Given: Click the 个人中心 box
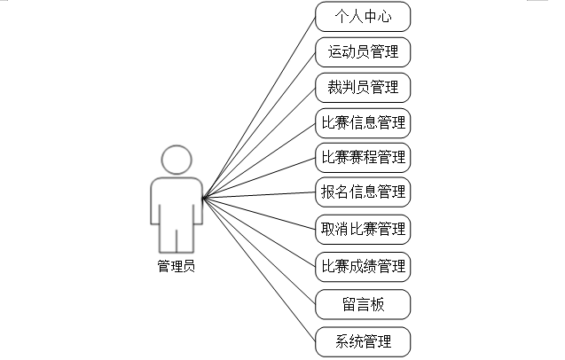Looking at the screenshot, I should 363,16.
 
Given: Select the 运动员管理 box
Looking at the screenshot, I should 363,51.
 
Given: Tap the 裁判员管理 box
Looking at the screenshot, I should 363,87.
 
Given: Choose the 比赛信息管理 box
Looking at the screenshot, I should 363,121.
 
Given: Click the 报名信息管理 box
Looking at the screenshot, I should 363,191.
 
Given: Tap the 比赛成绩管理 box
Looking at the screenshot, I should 363,265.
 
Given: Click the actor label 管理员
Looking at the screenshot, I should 176,265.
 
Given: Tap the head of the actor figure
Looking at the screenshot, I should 176,160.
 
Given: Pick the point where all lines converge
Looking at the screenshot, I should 203,198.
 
